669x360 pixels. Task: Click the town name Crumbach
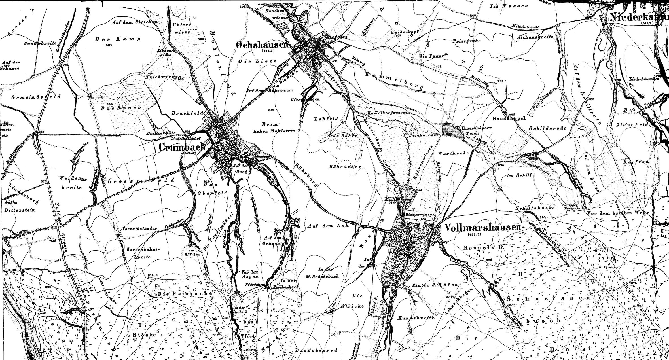pos(182,147)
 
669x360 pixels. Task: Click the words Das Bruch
pos(121,108)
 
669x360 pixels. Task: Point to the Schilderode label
pos(547,128)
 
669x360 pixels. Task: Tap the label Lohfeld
pos(326,119)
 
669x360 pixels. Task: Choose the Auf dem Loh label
pos(327,226)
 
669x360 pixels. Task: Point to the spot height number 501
pos(108,45)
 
